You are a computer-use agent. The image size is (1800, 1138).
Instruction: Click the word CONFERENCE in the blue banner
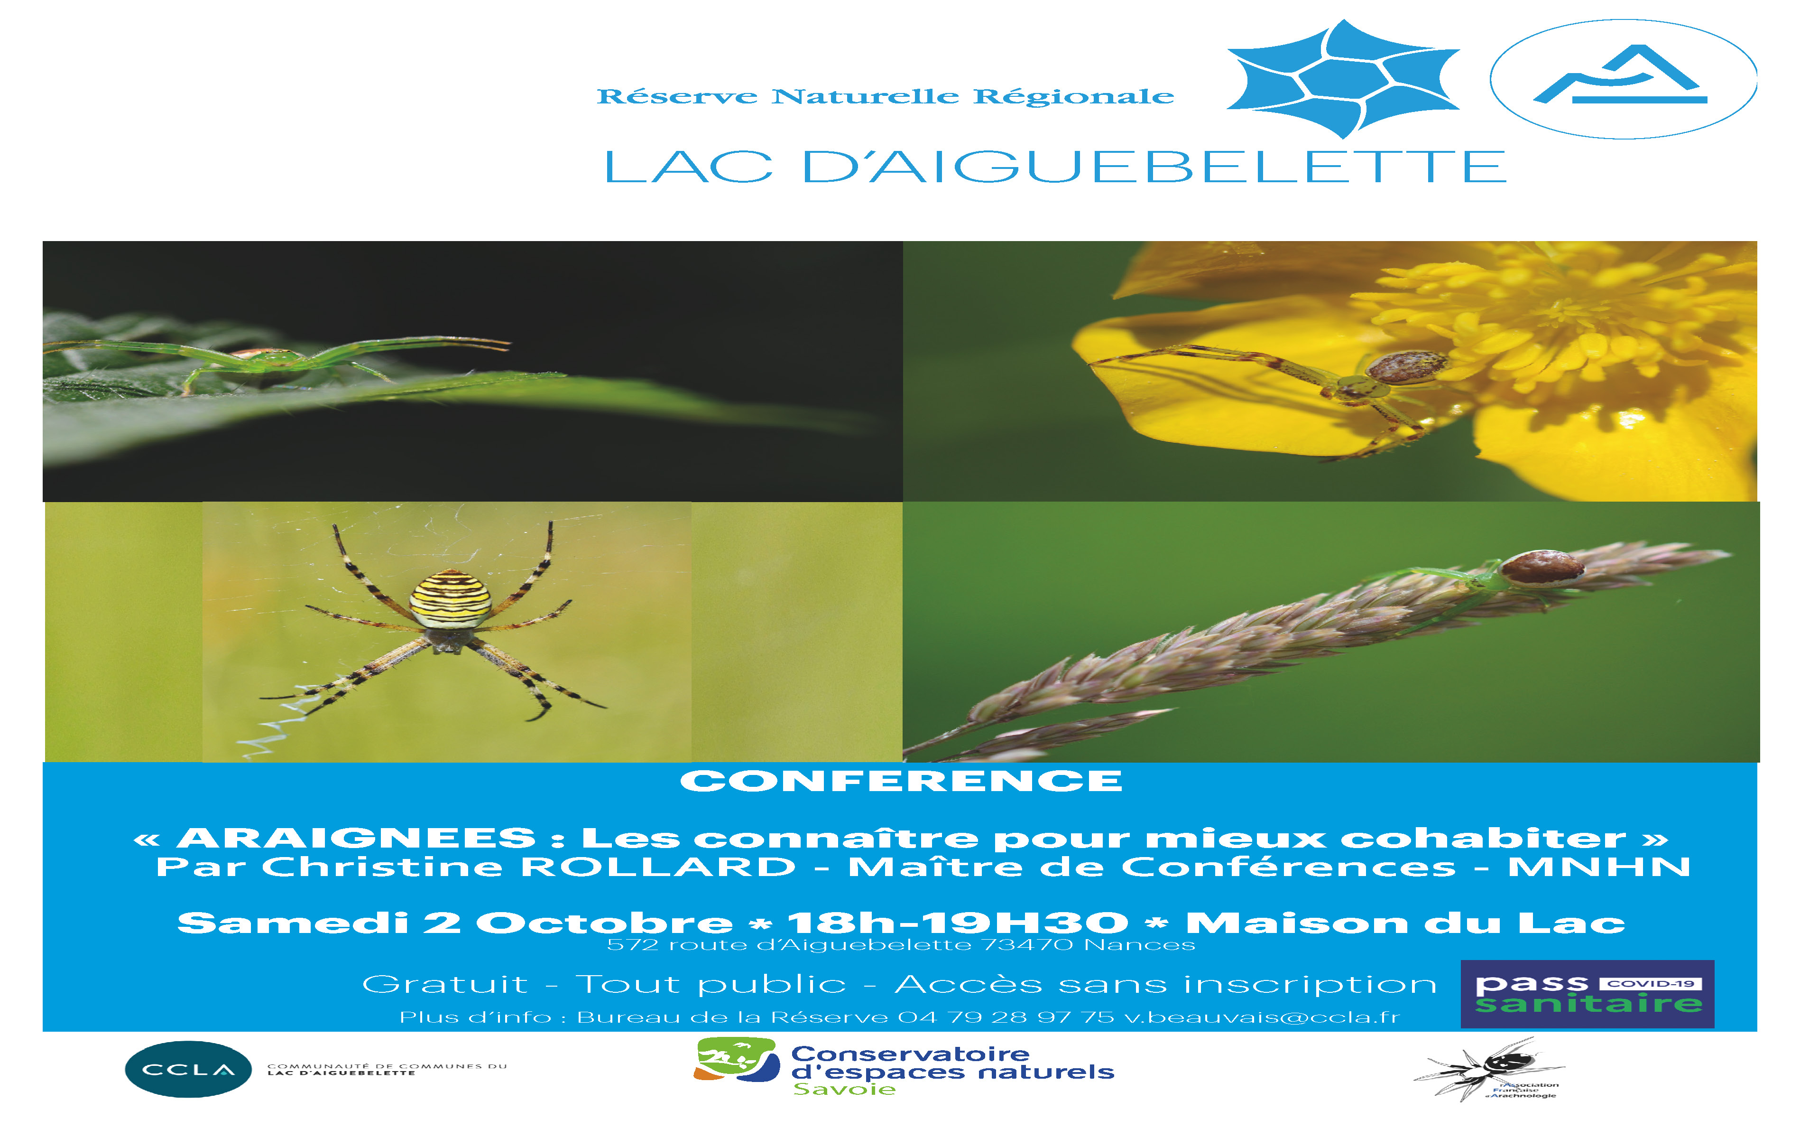click(901, 781)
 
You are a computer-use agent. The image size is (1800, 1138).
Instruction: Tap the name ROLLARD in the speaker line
click(658, 867)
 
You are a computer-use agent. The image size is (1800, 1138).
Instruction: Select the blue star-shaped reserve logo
click(1343, 78)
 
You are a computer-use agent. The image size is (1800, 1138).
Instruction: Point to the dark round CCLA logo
click(188, 1069)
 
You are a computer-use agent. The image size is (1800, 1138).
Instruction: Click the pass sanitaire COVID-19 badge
click(1588, 994)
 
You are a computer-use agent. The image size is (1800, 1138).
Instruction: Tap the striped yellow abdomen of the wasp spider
click(450, 599)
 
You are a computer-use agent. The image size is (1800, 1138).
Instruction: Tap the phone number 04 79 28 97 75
click(1006, 1017)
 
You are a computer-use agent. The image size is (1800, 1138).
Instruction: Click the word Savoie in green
click(845, 1090)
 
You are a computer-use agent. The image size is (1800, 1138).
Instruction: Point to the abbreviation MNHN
click(1600, 867)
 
